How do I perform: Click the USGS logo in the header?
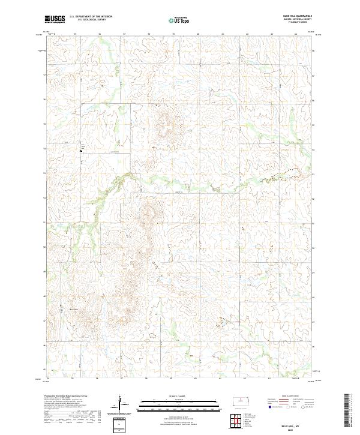click(x=55, y=19)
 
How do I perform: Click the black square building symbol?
click(x=82, y=151)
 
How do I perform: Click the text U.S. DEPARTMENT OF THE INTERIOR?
click(x=91, y=16)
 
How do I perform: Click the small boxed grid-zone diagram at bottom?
click(x=119, y=425)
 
